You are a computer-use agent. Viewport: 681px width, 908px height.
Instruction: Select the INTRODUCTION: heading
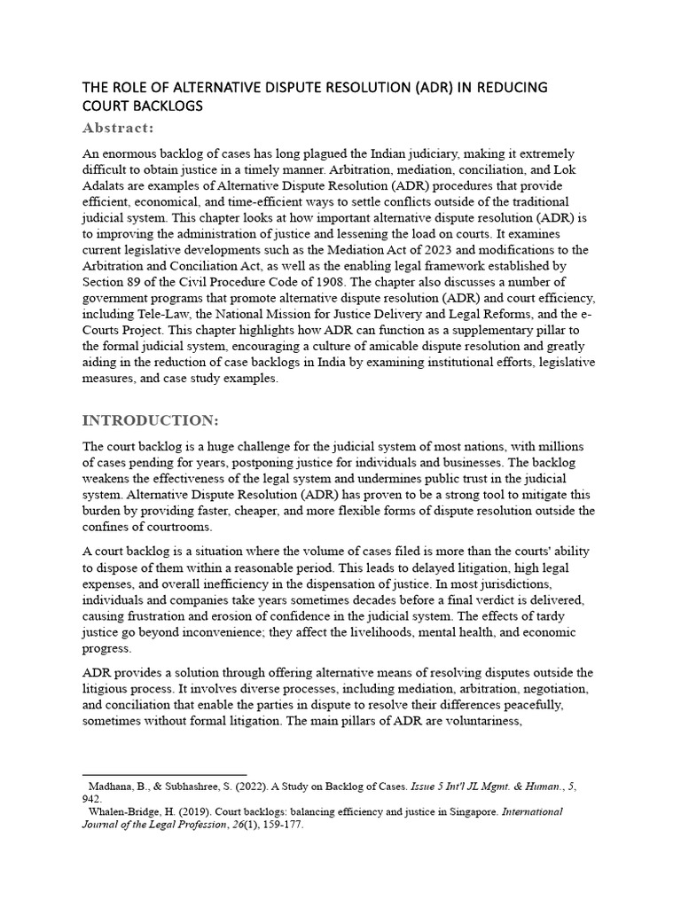149,419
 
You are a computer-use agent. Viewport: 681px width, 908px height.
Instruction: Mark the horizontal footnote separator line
164,775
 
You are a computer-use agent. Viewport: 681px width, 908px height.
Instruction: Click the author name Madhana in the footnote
114,787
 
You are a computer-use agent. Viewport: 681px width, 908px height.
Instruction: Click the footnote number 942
92,798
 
